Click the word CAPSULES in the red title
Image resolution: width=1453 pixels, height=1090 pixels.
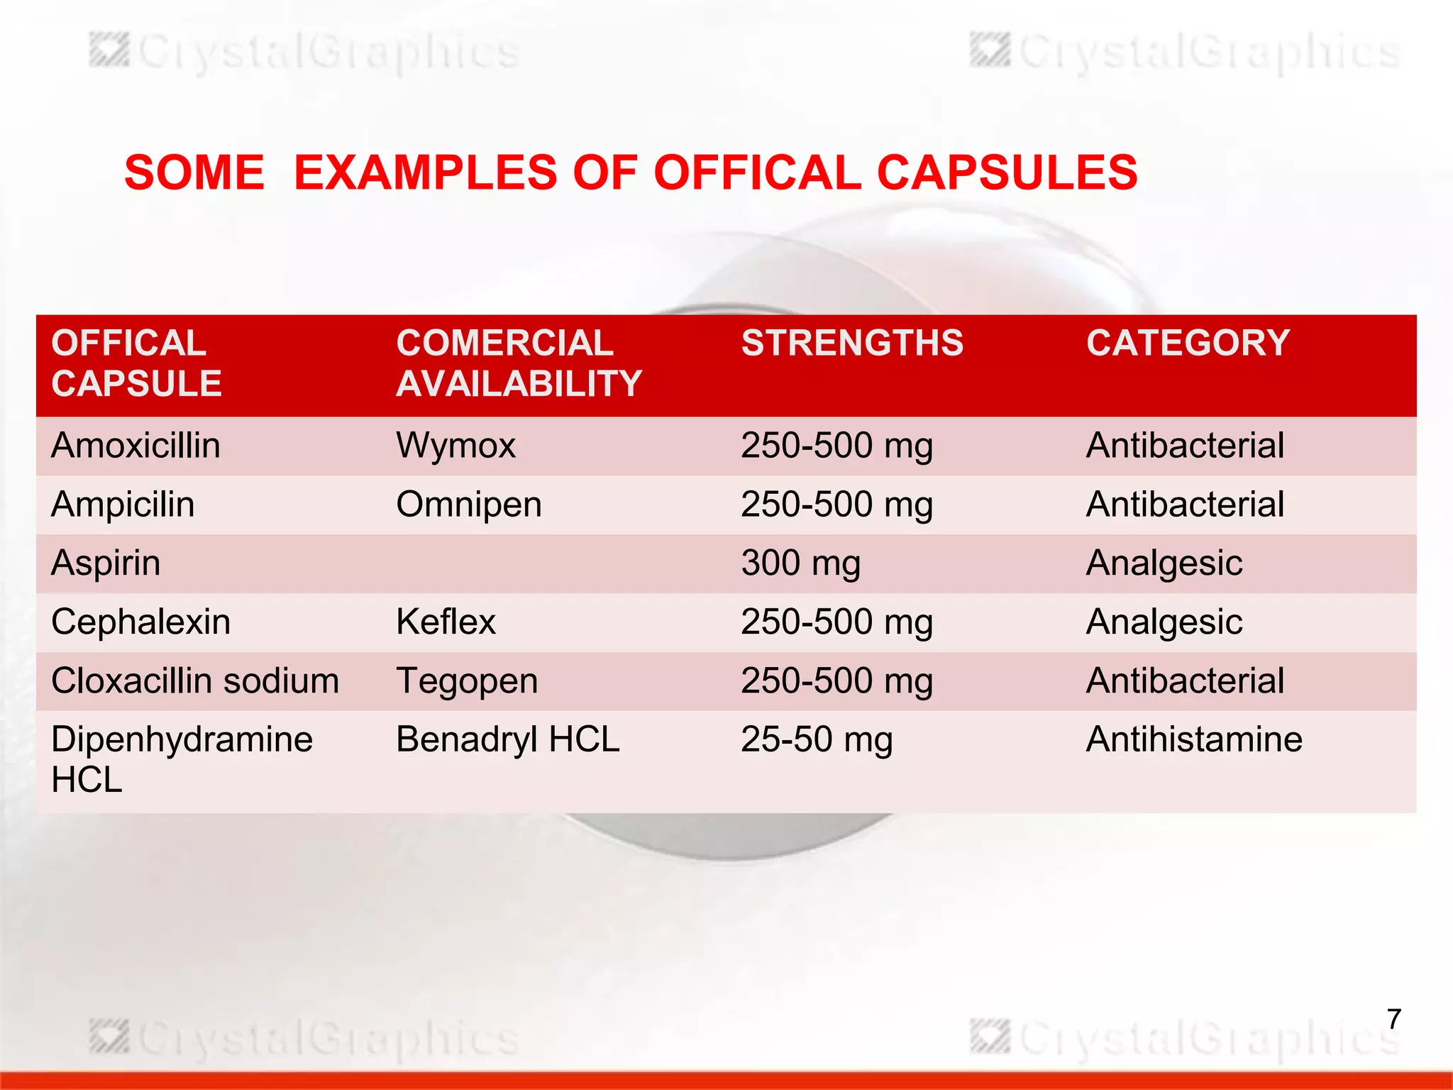coord(1007,172)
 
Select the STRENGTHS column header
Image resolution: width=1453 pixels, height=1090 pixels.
coord(852,343)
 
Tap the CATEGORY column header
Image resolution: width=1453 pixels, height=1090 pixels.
coord(1188,343)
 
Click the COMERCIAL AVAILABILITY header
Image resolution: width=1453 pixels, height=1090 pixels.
coord(519,363)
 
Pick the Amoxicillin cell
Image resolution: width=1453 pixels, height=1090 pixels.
coord(136,446)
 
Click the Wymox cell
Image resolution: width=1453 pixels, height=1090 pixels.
coord(455,446)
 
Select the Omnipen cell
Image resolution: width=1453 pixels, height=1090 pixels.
coord(468,505)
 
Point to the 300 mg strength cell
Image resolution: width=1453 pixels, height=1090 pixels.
coord(800,563)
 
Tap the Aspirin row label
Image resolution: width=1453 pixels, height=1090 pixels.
coord(106,563)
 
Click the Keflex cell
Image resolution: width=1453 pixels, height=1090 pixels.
coord(446,622)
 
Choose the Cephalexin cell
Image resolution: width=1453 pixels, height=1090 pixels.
coord(140,622)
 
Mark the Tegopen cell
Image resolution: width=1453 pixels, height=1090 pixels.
coord(467,681)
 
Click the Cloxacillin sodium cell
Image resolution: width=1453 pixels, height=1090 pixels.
coord(195,681)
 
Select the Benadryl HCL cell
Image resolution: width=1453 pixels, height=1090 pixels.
coord(507,739)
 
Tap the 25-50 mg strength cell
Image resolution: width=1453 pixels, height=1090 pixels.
coord(817,739)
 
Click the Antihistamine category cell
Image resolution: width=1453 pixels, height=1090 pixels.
coord(1194,739)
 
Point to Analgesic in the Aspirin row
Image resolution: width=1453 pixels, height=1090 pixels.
coord(1164,563)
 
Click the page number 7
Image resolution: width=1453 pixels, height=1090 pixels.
coord(1393,1019)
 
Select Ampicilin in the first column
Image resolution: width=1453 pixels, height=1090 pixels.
coord(123,505)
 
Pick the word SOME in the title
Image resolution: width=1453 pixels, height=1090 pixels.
coord(194,172)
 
